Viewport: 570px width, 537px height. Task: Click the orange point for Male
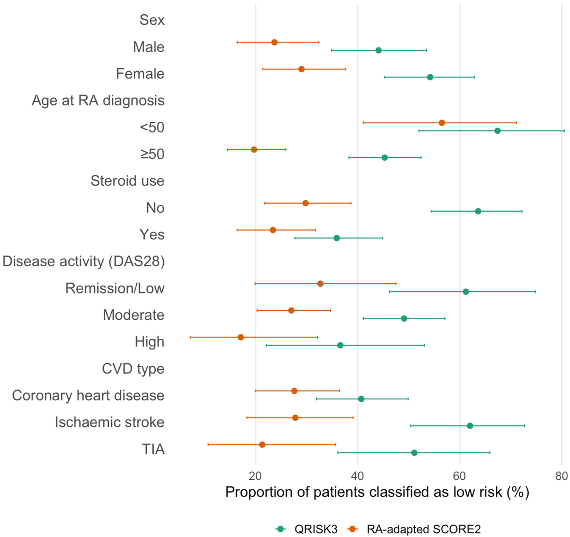click(x=275, y=42)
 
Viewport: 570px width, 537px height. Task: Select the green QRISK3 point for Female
click(x=430, y=77)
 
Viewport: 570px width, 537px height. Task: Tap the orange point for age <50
click(x=442, y=122)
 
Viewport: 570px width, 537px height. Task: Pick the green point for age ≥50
click(x=385, y=158)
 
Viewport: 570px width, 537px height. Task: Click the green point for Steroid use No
click(x=478, y=211)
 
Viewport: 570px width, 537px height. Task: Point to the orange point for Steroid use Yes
click(x=273, y=230)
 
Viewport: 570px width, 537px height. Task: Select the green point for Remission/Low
click(x=466, y=292)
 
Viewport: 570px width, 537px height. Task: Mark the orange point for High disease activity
click(x=241, y=337)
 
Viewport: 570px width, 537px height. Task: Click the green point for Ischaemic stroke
click(x=470, y=426)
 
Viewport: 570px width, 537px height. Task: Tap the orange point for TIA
click(x=262, y=444)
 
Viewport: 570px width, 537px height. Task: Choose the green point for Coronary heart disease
click(x=361, y=399)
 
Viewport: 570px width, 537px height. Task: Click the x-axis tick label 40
click(x=358, y=476)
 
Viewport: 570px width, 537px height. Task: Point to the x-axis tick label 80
click(x=561, y=476)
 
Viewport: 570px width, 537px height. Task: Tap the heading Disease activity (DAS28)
click(x=84, y=261)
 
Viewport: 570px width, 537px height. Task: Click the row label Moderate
click(x=134, y=315)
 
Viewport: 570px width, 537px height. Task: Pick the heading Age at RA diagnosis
click(x=98, y=100)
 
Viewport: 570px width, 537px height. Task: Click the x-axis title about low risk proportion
click(x=377, y=492)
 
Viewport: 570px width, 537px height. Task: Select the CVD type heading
click(x=133, y=369)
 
